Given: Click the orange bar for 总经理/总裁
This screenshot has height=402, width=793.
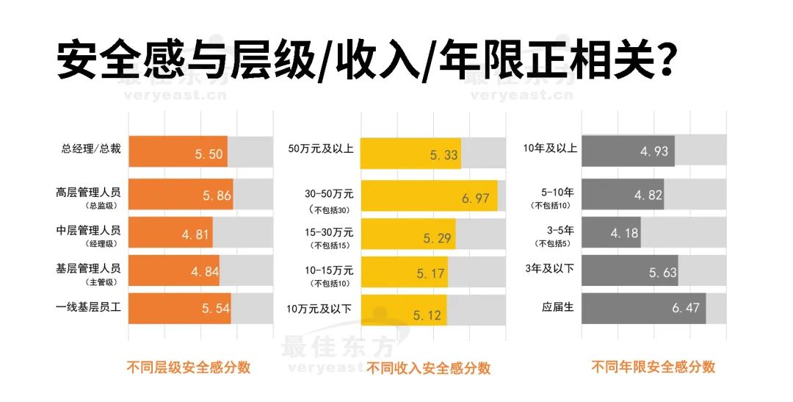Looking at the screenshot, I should tap(178, 151).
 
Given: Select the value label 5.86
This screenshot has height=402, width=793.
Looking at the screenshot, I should tap(217, 195).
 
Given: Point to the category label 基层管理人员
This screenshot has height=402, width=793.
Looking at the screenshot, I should tap(88, 268).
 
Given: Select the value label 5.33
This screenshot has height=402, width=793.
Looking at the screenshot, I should tap(444, 154).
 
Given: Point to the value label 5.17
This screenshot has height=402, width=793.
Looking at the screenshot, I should tap(431, 273).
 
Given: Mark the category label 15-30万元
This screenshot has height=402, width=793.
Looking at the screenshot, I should tap(329, 231).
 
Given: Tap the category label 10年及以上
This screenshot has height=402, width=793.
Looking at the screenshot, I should tap(547, 148).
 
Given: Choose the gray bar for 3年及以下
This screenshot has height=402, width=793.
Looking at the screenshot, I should tap(629, 271).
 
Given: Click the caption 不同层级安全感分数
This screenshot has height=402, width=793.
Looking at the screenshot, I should tap(189, 367).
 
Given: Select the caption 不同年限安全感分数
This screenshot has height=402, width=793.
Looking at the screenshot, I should tap(653, 367).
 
